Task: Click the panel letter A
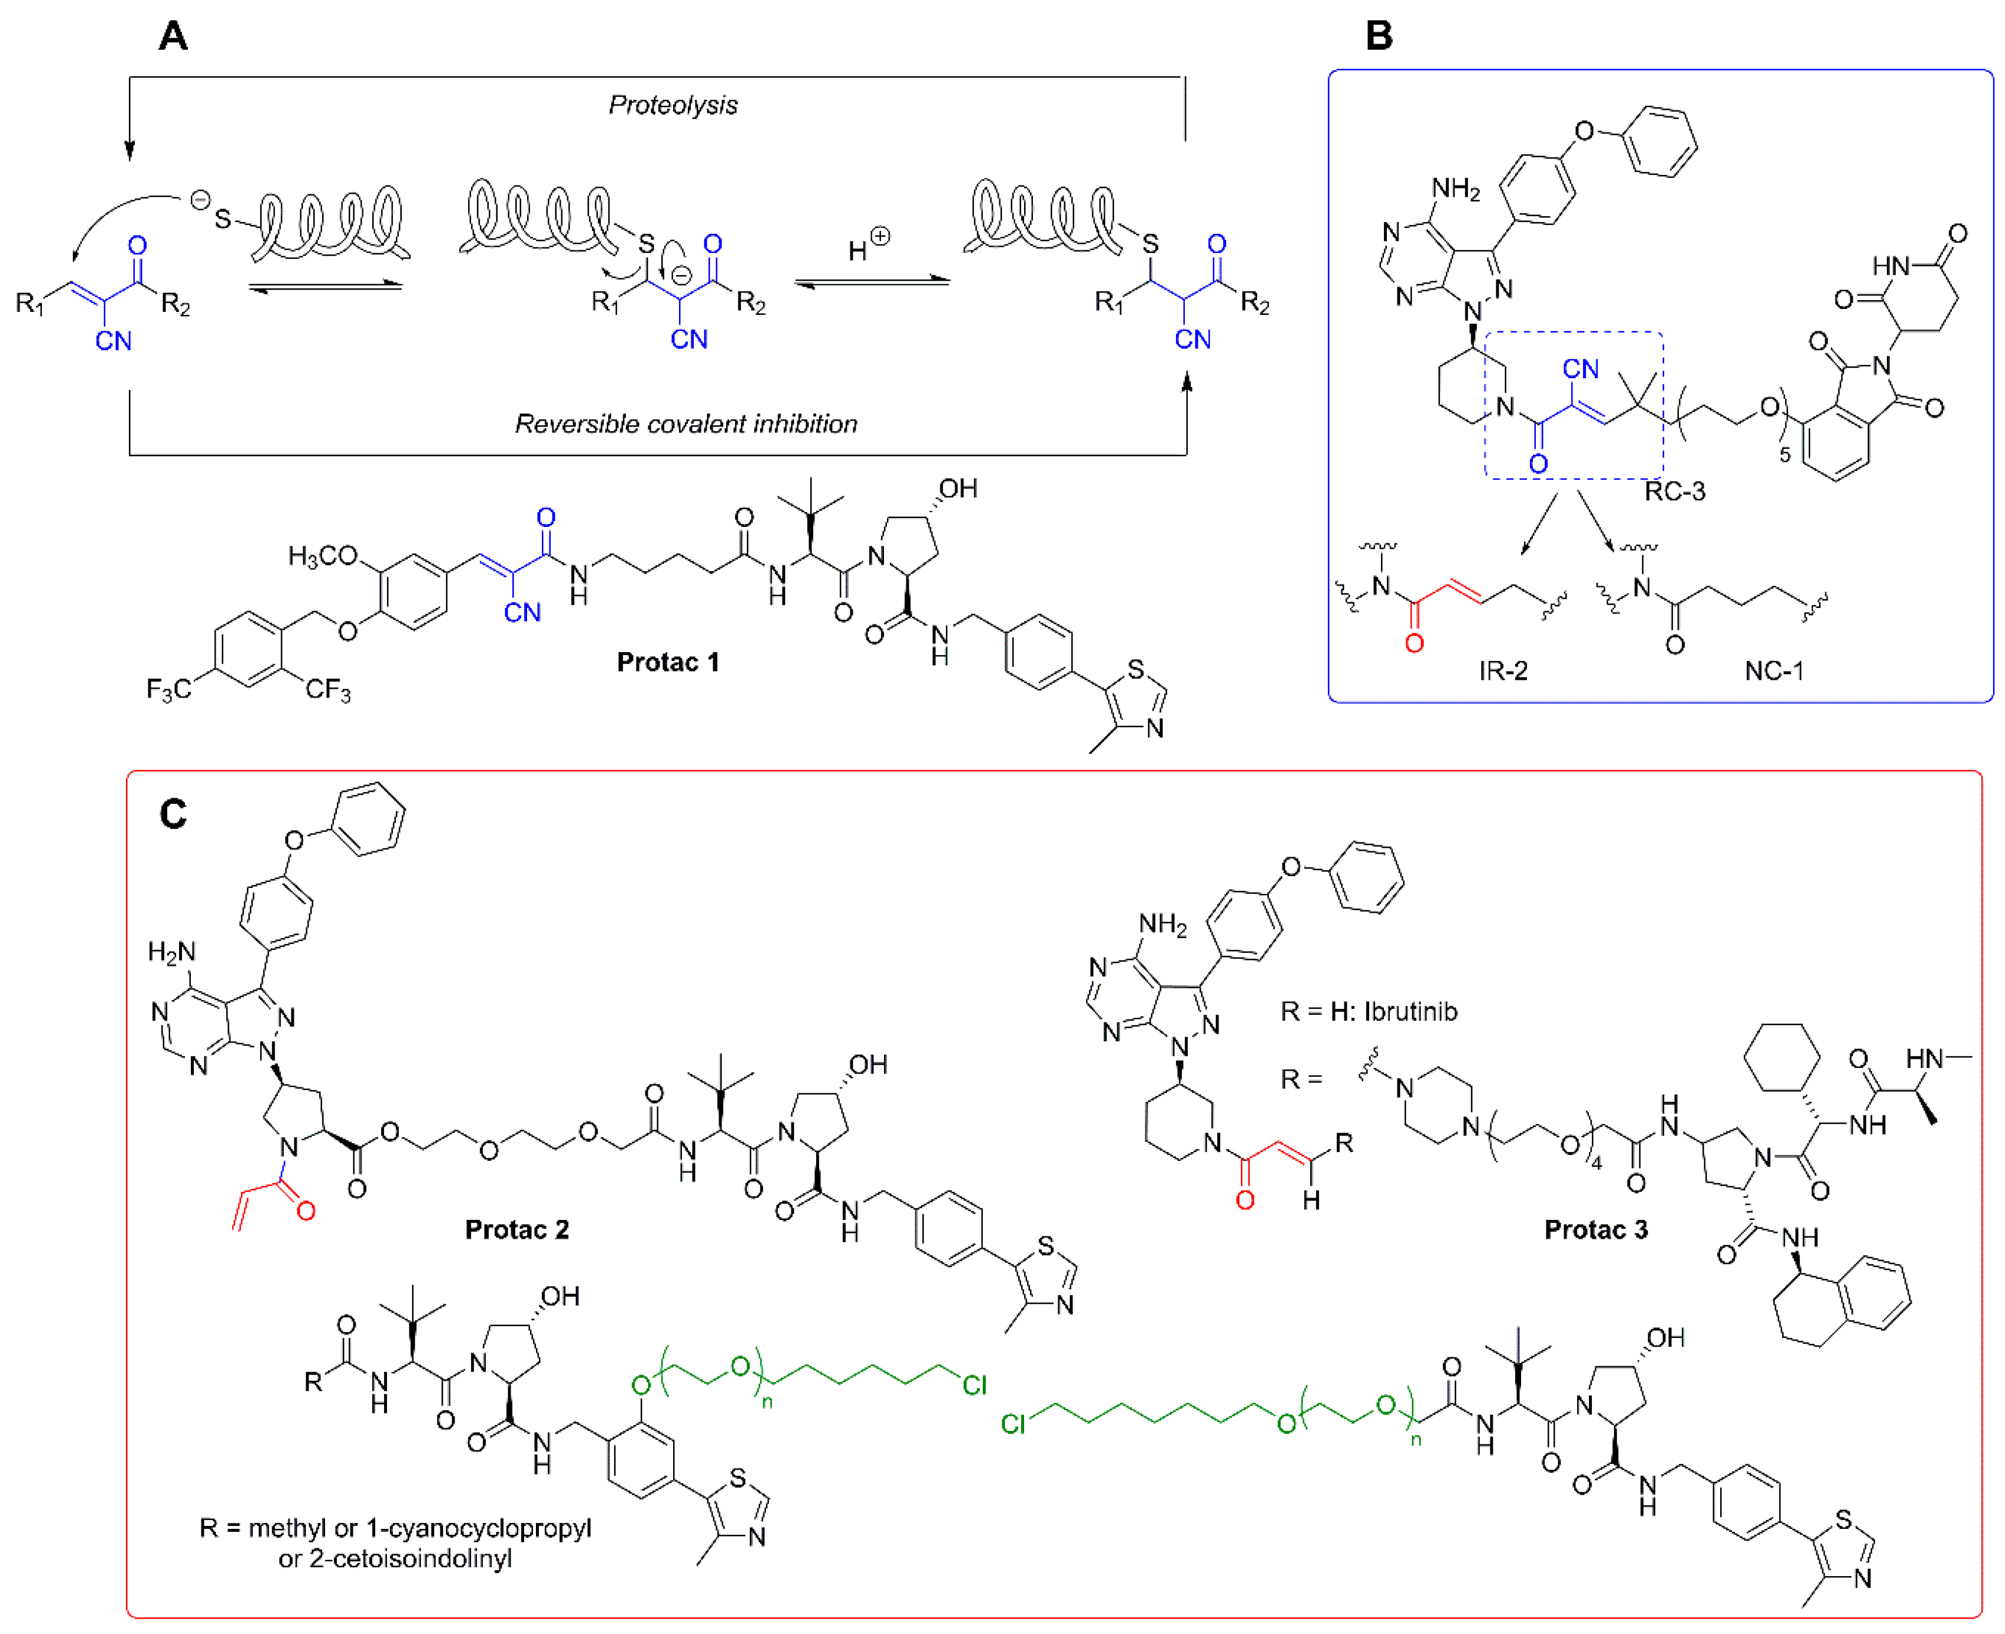173,37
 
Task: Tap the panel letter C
173,813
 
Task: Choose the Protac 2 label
517,1229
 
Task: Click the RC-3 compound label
1675,491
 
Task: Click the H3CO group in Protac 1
323,556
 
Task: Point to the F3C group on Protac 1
168,690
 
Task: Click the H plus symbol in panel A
868,245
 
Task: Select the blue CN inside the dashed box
1581,369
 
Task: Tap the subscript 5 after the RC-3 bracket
1784,455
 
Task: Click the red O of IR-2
1414,644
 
